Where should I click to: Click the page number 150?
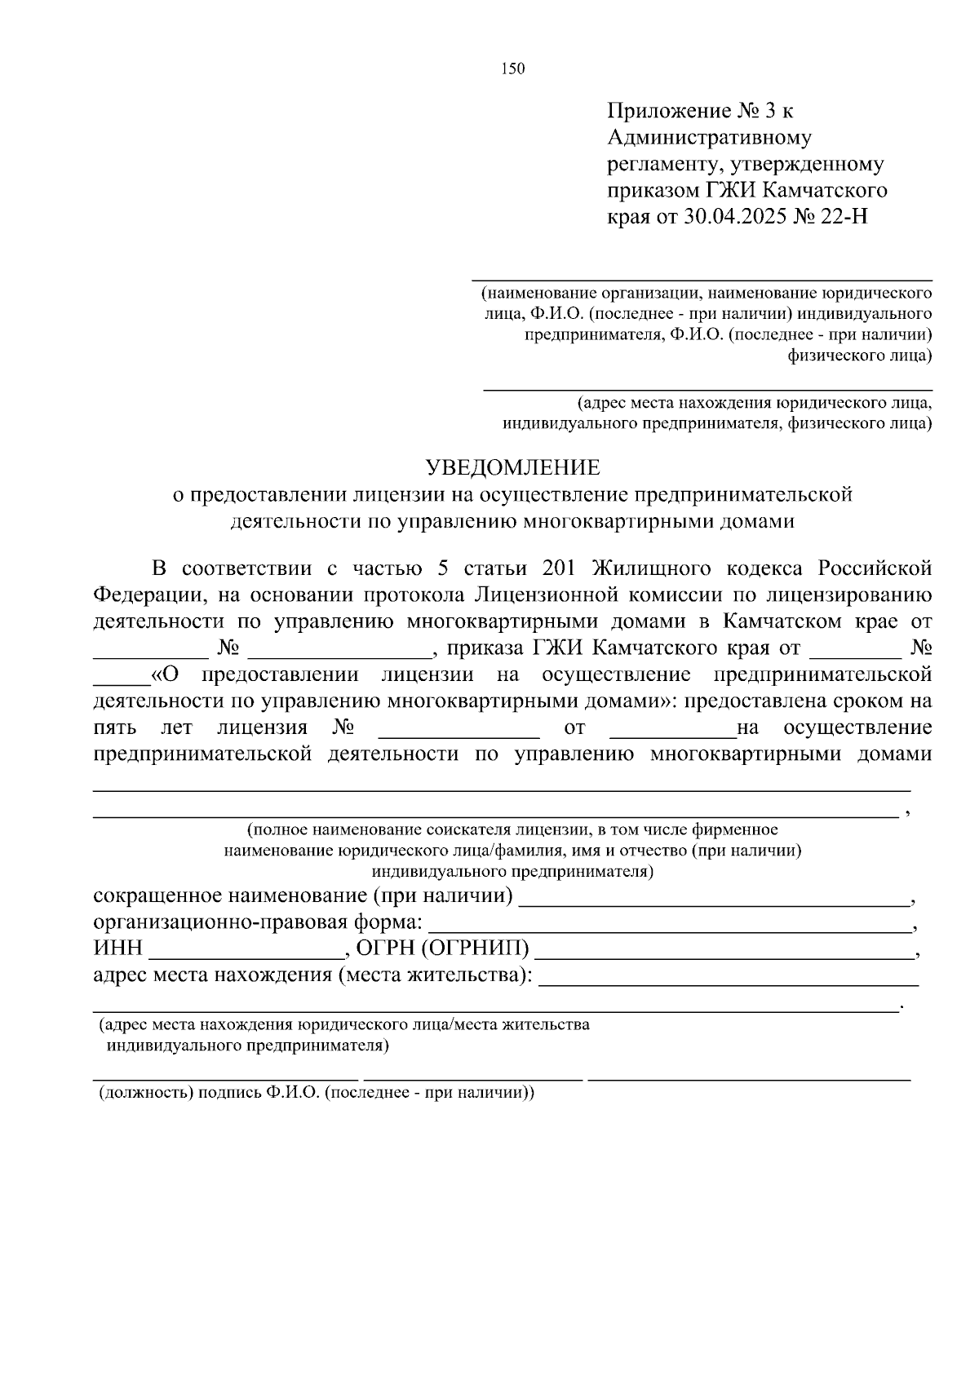tap(513, 69)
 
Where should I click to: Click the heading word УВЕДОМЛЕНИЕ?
tap(513, 467)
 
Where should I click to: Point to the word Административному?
tap(709, 137)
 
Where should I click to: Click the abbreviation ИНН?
tap(118, 948)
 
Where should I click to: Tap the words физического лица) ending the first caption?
tap(859, 356)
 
